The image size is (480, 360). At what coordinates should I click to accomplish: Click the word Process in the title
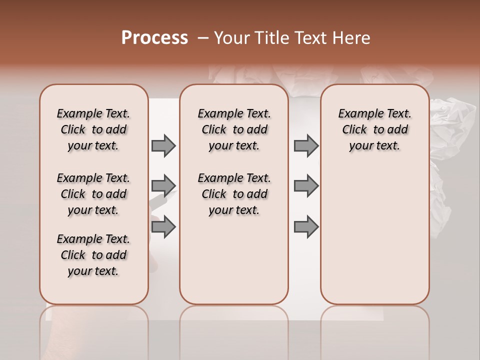tap(154, 38)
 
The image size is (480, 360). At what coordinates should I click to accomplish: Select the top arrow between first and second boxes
tap(163, 146)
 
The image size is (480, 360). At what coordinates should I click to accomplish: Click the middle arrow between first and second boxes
tap(163, 186)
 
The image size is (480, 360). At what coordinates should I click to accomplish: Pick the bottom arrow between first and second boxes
tap(163, 227)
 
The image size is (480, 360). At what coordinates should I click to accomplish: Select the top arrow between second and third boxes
tap(306, 146)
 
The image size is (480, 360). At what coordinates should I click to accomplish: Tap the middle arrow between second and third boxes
tap(306, 186)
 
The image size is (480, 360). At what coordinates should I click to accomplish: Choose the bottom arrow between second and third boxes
tap(306, 227)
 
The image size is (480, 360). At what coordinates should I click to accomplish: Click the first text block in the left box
tap(93, 129)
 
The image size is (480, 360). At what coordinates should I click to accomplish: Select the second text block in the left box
tap(93, 194)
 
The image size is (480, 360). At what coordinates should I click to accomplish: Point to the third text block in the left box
tap(93, 255)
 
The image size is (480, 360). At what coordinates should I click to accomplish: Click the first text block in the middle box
tap(234, 129)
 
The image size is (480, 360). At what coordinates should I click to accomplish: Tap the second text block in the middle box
tap(234, 194)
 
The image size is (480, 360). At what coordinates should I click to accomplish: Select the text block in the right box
tap(374, 129)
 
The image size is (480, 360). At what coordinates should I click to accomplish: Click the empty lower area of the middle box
tap(234, 260)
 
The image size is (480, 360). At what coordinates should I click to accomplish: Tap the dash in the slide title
tap(203, 38)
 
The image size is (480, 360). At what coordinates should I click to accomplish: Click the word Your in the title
tap(231, 38)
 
